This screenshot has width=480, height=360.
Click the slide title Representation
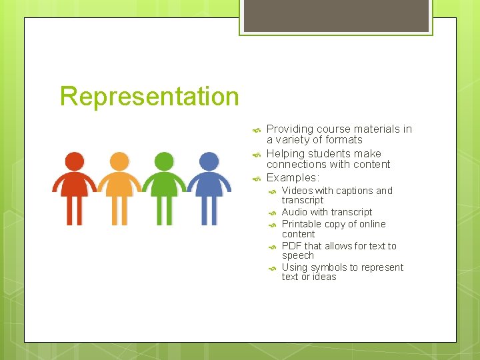(x=149, y=96)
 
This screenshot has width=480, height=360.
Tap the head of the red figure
(x=75, y=161)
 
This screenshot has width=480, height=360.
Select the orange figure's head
(x=119, y=161)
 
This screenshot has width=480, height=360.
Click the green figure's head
(x=164, y=161)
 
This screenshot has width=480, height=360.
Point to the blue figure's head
(x=209, y=161)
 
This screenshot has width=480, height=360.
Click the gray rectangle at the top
(x=335, y=15)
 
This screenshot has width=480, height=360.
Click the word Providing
(x=290, y=129)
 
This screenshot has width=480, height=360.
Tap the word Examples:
(x=293, y=177)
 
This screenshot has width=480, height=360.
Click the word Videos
(x=297, y=191)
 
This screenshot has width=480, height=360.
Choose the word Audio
(x=295, y=212)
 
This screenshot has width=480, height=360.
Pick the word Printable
(x=303, y=224)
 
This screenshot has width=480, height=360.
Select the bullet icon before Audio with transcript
(x=272, y=213)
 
